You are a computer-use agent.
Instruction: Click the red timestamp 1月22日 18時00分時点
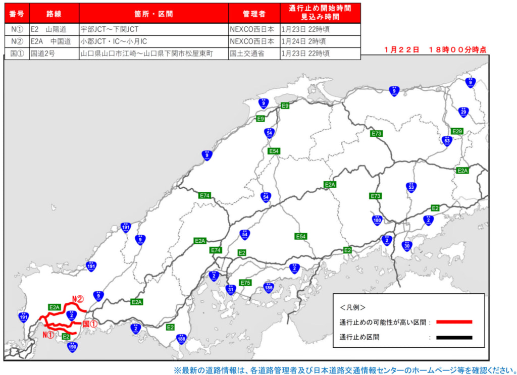(x=435, y=49)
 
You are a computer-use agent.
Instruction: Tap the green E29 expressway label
(x=457, y=131)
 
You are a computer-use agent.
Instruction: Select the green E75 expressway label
(x=245, y=283)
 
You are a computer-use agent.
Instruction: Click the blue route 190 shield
(x=73, y=347)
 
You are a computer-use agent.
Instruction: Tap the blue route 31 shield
(x=231, y=289)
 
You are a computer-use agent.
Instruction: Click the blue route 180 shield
(x=377, y=220)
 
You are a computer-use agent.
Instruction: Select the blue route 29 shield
(x=463, y=112)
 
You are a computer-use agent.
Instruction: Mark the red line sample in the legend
(x=454, y=322)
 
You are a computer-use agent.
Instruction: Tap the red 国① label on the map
(x=89, y=323)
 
